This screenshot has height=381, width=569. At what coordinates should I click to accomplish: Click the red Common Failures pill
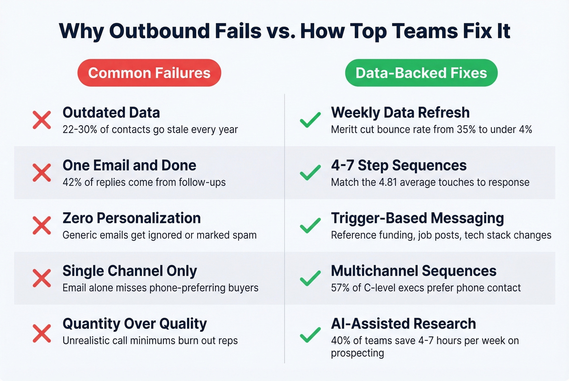tap(149, 73)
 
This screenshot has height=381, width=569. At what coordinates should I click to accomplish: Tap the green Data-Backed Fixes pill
tap(421, 73)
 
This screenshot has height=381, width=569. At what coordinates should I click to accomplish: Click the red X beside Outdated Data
tap(42, 120)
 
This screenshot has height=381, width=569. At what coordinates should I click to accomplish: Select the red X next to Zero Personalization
tap(42, 226)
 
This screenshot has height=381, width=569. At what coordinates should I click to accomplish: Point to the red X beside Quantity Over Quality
tap(42, 334)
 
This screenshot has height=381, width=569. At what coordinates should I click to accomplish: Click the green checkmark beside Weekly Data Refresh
tap(310, 120)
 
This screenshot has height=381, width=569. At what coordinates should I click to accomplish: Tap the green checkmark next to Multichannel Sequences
tap(310, 278)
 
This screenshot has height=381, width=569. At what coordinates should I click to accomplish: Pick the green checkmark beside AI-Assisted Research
tap(310, 335)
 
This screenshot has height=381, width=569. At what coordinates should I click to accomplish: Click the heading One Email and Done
tap(129, 166)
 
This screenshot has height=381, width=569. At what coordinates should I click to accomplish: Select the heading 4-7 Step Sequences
tap(399, 166)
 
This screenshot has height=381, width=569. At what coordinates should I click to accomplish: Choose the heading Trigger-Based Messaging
tap(417, 218)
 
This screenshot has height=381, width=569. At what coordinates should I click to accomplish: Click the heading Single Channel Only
tap(130, 271)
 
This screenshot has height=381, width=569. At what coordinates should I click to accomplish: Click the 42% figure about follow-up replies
tap(72, 182)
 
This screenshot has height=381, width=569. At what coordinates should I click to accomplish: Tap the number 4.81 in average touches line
tap(388, 182)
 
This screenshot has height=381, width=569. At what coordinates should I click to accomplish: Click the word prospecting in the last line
tap(357, 353)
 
